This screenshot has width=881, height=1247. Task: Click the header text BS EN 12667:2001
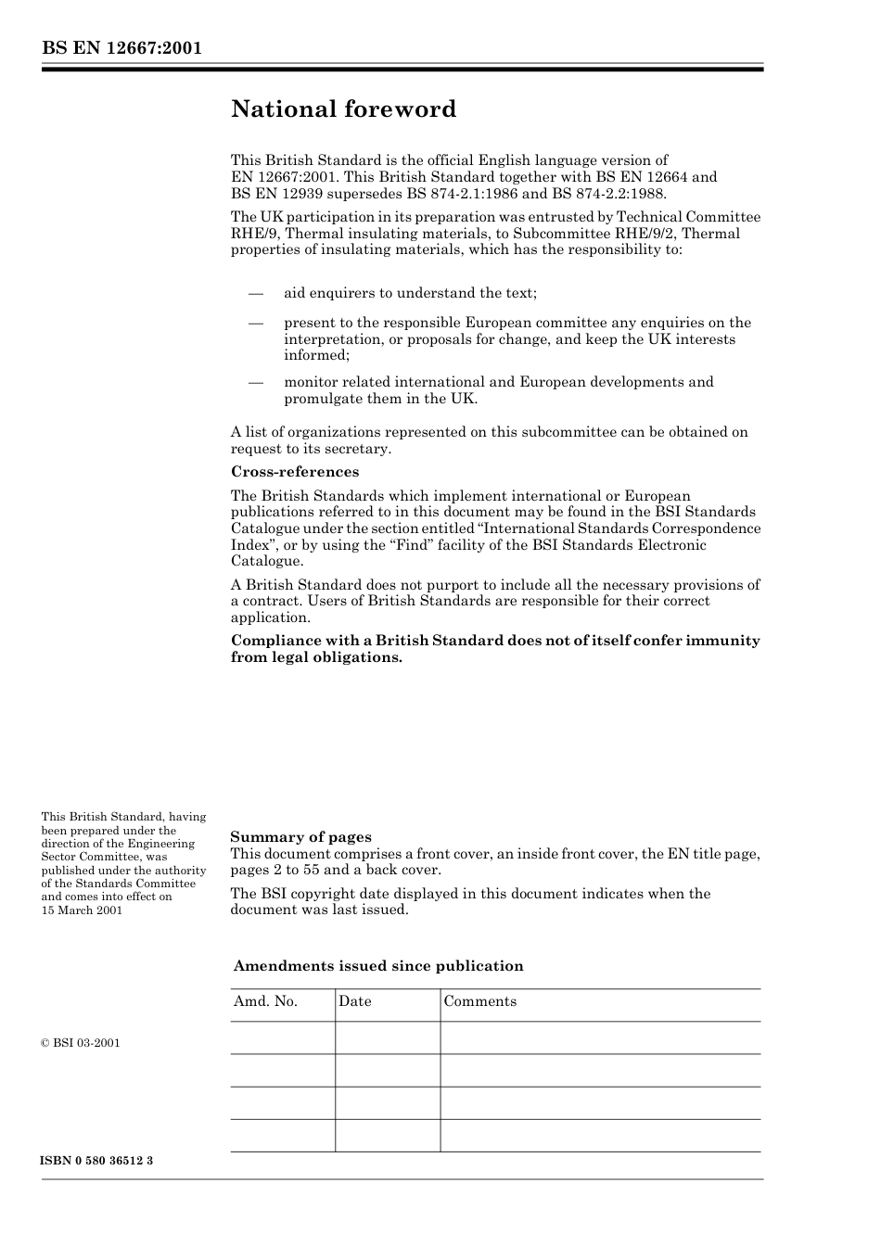click(121, 48)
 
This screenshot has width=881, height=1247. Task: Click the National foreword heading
click(343, 109)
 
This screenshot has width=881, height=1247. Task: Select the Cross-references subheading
click(294, 472)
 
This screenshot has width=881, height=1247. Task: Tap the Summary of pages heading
click(300, 837)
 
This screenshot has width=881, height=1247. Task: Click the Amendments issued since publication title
click(378, 966)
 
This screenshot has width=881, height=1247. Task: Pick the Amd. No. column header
click(265, 1001)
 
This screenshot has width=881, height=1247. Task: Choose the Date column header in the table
click(354, 1001)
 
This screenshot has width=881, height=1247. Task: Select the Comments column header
click(479, 1001)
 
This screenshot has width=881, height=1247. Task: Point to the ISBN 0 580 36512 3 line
click(96, 1161)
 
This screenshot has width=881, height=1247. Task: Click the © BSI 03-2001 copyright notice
click(81, 1043)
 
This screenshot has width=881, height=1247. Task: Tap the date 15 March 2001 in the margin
click(82, 910)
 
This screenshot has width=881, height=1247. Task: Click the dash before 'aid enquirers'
click(256, 294)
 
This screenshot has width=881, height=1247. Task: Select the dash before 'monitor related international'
click(256, 383)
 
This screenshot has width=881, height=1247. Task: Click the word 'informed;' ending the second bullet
click(316, 355)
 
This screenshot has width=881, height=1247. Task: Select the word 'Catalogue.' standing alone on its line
click(266, 561)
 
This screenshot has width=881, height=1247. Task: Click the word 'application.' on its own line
click(270, 617)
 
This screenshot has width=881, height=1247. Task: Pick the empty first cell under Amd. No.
click(283, 1037)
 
